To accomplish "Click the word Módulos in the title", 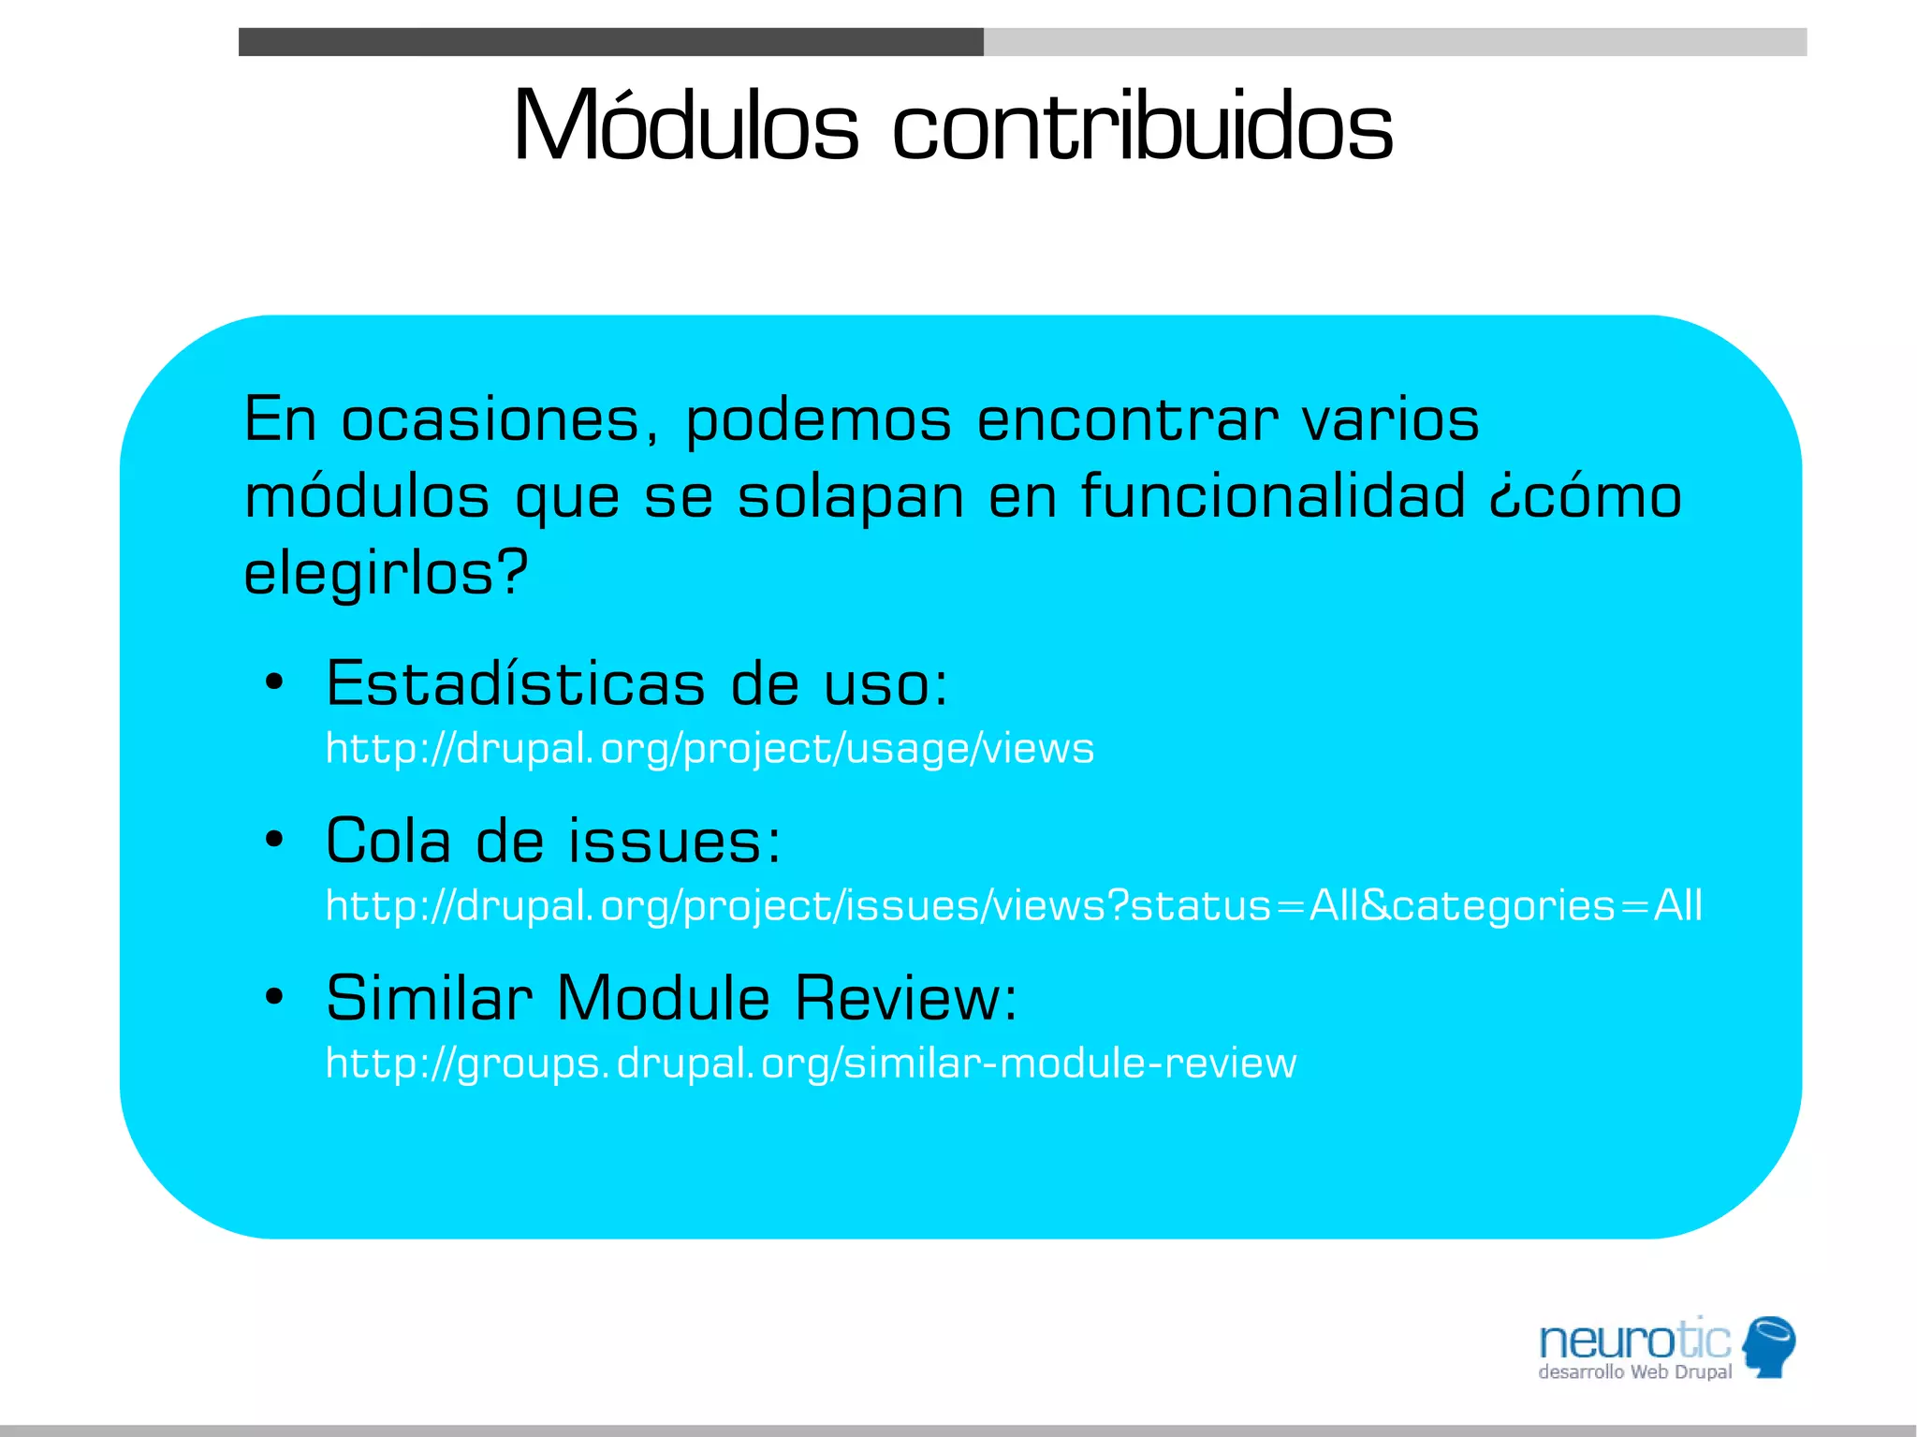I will point(685,126).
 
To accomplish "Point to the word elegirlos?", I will point(386,573).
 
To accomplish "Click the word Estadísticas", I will point(515,683).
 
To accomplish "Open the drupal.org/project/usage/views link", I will point(710,749).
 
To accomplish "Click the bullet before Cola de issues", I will point(273,840).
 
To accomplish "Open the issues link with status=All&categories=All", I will point(1014,906).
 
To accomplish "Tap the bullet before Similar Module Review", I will point(273,997).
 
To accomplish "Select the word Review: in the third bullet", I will point(905,998).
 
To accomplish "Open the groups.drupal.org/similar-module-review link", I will point(811,1063).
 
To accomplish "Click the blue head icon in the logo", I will point(1769,1346).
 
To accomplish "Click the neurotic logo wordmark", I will point(1634,1341).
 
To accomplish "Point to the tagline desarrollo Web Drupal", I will point(1634,1372).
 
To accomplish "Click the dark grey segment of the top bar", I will point(610,42).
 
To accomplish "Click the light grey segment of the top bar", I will point(1395,42).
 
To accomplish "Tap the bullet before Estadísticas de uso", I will point(273,682).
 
